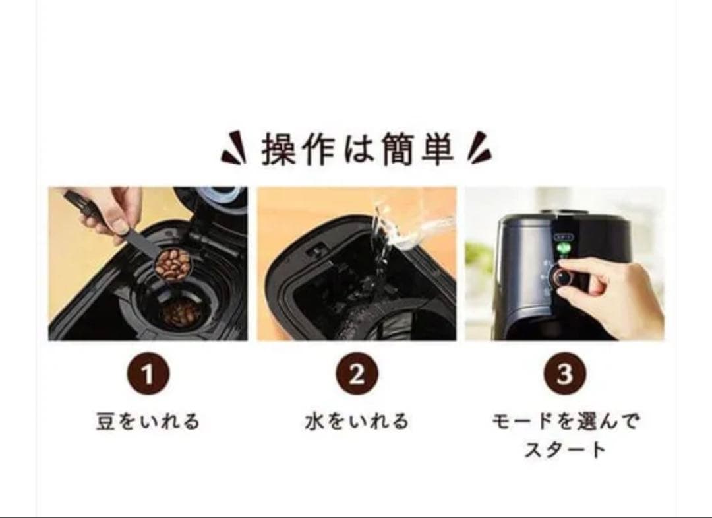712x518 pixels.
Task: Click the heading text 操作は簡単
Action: [357, 150]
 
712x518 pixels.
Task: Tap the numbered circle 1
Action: [148, 375]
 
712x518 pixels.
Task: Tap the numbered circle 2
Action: [356, 375]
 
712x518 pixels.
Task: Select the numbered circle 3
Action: [564, 375]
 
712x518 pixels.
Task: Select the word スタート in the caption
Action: [565, 451]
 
